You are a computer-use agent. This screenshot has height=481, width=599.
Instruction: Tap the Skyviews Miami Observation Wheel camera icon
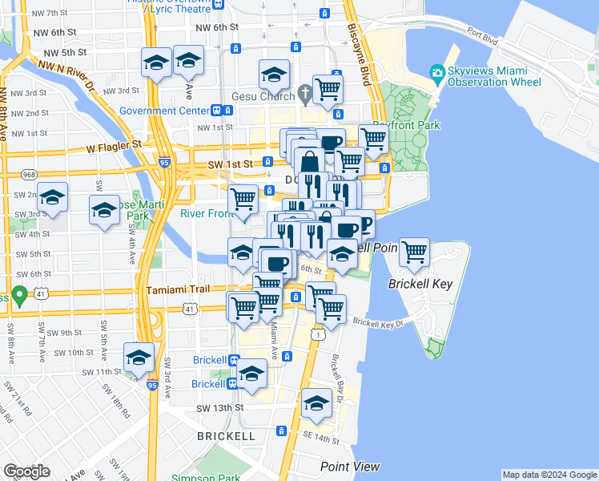(x=437, y=74)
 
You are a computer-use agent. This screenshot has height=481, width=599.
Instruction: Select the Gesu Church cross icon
(x=304, y=94)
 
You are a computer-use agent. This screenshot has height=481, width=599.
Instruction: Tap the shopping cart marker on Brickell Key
(x=414, y=253)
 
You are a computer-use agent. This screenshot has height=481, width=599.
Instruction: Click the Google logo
(x=26, y=471)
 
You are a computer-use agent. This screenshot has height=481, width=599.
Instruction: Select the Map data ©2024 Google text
(x=549, y=475)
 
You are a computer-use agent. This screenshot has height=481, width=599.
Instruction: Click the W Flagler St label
(x=113, y=146)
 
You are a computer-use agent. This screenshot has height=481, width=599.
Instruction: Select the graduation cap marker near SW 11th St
(x=139, y=357)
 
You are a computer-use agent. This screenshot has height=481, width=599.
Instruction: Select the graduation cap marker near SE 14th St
(x=316, y=403)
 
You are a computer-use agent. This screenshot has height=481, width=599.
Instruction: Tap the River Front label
(x=206, y=213)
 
